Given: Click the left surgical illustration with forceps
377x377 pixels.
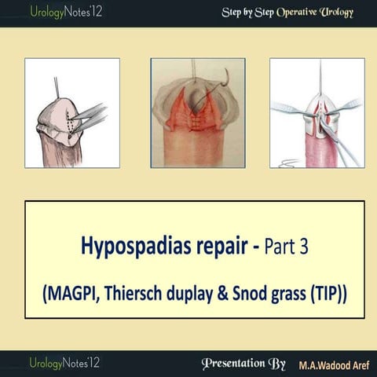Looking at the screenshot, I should [72, 112].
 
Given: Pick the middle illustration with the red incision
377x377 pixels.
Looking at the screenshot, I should [194, 112].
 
